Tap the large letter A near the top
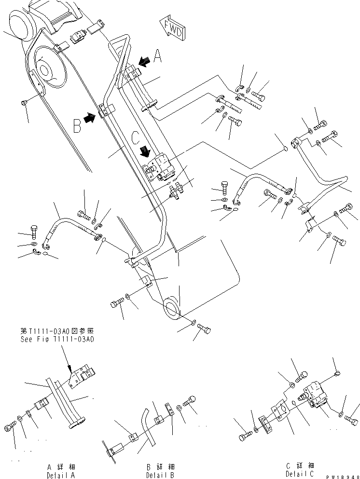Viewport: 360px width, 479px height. tap(157, 59)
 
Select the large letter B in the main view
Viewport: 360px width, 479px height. tap(76, 127)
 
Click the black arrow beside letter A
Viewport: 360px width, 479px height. tap(143, 61)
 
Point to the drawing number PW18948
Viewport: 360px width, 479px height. tap(343, 476)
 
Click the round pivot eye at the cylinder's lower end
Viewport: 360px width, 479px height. tap(172, 307)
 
